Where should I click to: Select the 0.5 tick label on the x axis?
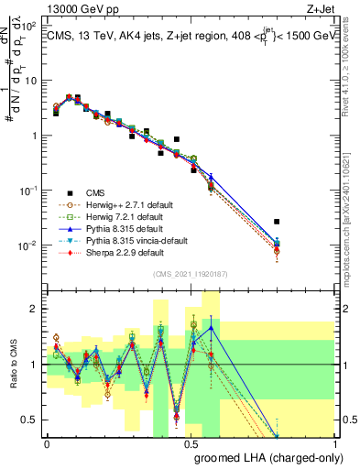[x=190, y=444]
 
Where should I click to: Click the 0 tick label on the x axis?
[x=47, y=444]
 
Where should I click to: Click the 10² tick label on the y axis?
[x=28, y=26]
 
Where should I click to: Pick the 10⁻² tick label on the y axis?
[x=28, y=245]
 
